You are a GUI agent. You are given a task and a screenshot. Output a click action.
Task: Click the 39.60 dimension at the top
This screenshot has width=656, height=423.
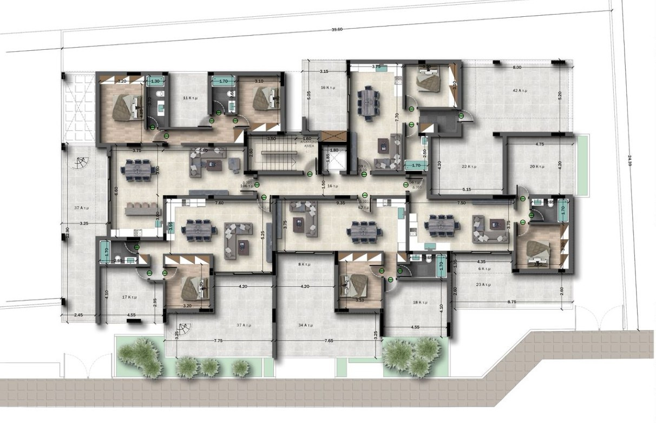pos(337,30)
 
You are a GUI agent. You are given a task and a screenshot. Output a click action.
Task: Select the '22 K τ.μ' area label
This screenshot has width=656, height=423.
pos(468,166)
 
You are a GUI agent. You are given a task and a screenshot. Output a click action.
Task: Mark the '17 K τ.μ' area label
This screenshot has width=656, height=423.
pos(128,297)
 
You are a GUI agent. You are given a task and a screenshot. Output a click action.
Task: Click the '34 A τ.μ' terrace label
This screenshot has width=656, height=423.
pos(307,325)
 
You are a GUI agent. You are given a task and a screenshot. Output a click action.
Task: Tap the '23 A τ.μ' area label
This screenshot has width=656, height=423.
pos(483,285)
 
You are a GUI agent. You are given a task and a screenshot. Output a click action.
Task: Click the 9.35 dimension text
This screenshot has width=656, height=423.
pos(340,203)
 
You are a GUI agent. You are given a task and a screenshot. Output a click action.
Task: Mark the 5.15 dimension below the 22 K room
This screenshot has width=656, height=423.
pos(467,189)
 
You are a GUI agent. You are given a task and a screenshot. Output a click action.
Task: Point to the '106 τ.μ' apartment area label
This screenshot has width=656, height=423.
pos(247,186)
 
